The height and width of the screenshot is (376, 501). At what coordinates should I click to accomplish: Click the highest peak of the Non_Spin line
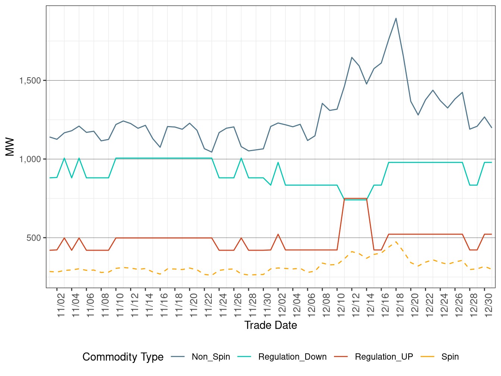tap(396, 18)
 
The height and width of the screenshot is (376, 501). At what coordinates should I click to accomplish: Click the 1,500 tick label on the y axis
tap(30, 81)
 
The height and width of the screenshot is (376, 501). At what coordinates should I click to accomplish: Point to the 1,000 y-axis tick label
tap(30, 159)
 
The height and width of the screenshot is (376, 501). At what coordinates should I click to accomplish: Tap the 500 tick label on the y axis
tap(34, 238)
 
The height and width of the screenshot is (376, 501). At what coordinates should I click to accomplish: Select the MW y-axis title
tap(10, 147)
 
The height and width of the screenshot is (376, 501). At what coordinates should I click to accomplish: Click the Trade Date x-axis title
tap(271, 325)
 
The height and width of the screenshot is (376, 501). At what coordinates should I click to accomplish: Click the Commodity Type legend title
tap(123, 357)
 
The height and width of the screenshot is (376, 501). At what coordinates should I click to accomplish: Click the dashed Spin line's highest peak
tap(396, 241)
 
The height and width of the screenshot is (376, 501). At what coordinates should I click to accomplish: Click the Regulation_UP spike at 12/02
tap(278, 234)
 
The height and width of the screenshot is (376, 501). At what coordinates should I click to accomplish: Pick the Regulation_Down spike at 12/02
tap(278, 162)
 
